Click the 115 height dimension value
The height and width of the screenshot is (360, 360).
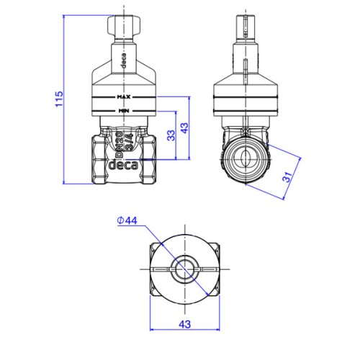tap(59, 99)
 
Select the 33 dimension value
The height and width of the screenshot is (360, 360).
tap(171, 135)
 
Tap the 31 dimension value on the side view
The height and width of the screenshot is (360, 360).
tap(288, 176)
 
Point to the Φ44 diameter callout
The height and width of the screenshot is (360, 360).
tap(127, 220)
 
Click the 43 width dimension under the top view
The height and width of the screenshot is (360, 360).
tap(184, 325)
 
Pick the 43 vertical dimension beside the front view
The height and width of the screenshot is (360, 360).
tap(184, 128)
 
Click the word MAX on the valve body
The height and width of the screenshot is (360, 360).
tap(124, 97)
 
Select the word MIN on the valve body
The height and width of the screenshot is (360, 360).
tap(124, 111)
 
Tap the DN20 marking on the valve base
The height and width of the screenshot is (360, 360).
tap(120, 145)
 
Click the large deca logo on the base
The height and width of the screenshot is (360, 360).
tap(124, 165)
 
